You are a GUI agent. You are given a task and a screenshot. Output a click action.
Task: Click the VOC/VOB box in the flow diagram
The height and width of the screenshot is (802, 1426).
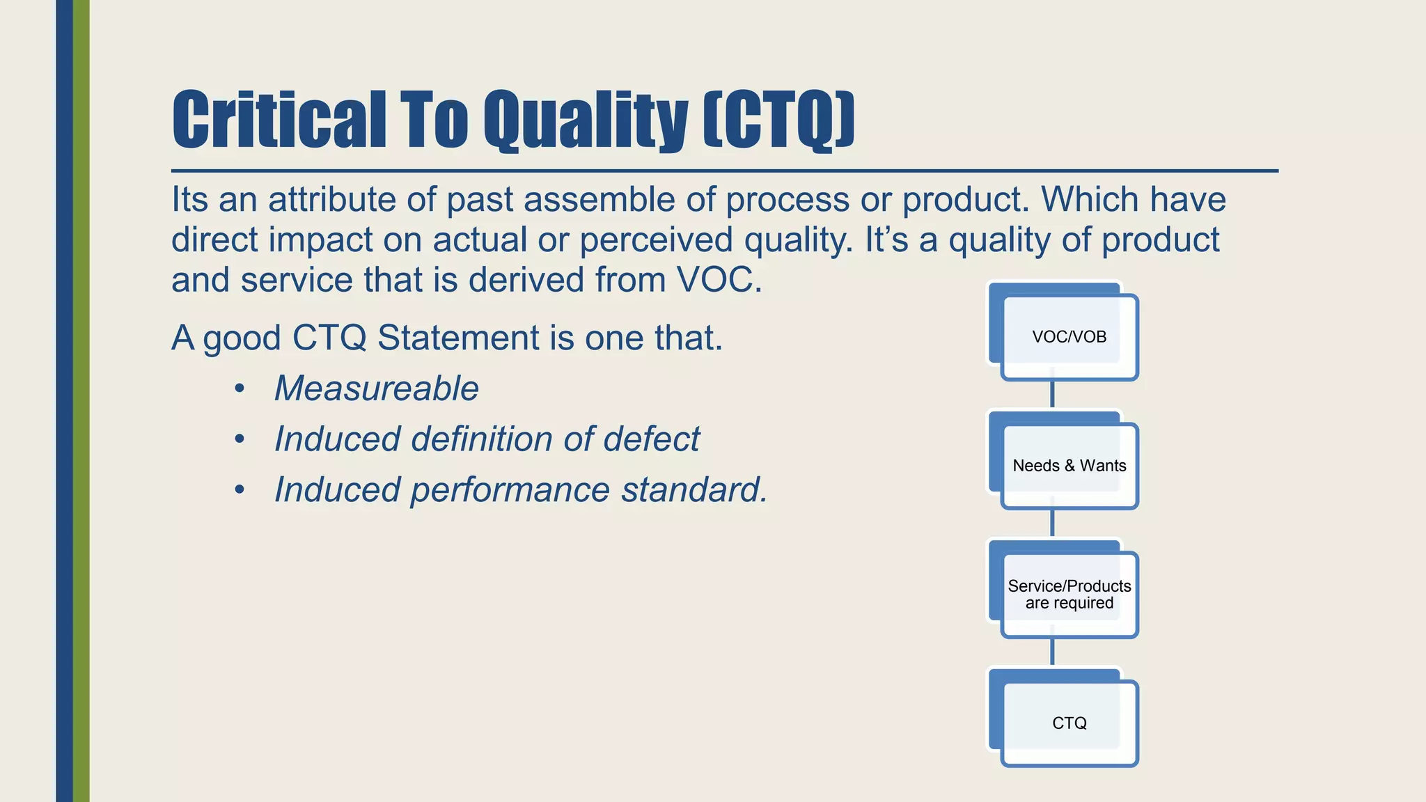point(1069,337)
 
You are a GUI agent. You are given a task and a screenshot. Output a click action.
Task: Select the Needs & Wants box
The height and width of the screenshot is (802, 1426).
point(1069,466)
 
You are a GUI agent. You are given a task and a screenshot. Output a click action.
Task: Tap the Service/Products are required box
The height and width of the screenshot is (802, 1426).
point(1069,595)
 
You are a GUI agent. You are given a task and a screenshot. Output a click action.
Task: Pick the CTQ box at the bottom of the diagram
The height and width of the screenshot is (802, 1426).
point(1069,723)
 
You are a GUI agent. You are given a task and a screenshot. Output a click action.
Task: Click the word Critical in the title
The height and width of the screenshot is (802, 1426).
point(279,120)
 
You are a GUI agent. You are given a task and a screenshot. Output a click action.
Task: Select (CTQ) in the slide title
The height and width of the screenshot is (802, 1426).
point(778,120)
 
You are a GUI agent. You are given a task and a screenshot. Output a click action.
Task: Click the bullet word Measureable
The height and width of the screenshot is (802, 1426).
point(376,388)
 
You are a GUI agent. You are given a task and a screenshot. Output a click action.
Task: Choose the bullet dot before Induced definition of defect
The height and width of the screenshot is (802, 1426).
point(240,439)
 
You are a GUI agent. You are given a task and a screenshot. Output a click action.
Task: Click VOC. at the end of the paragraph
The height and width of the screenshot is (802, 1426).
point(719,280)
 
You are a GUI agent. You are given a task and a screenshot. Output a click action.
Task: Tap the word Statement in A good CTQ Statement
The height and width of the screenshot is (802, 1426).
point(458,338)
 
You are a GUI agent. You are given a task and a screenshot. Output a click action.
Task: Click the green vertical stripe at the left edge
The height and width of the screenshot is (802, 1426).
point(81,401)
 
